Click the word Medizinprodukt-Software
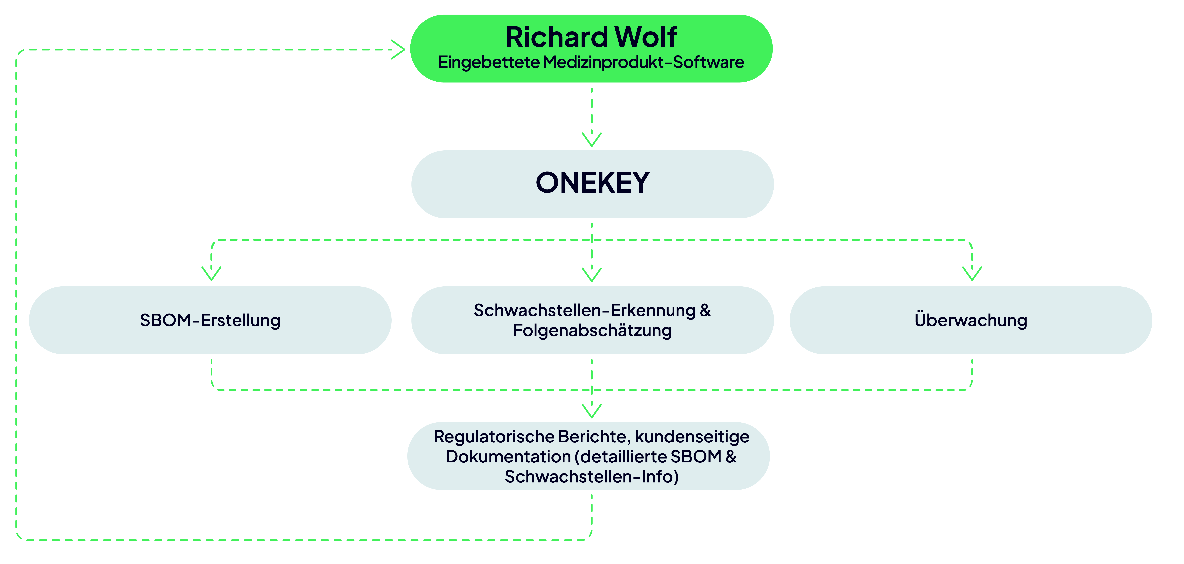click(x=643, y=62)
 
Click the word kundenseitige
click(x=692, y=437)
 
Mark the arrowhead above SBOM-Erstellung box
click(x=211, y=273)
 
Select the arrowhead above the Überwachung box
click(x=972, y=273)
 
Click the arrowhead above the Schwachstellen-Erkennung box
click(x=592, y=274)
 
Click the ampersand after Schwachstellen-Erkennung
click(x=706, y=311)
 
